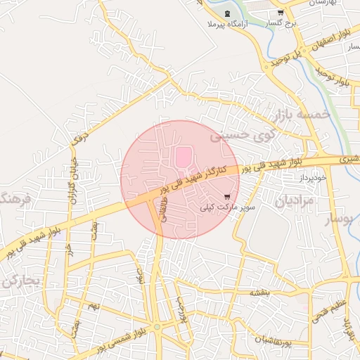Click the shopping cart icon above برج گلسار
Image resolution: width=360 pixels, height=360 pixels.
point(281,13)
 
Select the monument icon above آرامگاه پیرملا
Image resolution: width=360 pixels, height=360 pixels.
point(227,13)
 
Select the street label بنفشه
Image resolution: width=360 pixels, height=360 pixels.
point(259,290)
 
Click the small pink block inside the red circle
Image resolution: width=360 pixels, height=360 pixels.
point(183,157)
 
